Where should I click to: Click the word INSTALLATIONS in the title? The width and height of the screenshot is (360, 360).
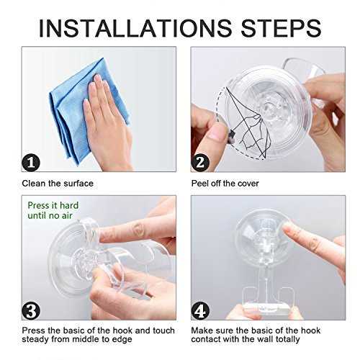click(135, 28)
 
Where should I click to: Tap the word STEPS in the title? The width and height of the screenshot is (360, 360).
click(281, 28)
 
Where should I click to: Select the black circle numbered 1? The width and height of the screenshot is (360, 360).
click(31, 163)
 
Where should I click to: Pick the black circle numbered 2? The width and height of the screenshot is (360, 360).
click(200, 163)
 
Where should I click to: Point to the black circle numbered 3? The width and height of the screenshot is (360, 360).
click(31, 311)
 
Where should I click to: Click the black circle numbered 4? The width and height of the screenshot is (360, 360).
click(200, 311)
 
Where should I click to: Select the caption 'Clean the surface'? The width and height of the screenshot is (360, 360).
click(58, 184)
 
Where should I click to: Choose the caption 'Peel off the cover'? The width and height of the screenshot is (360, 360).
click(225, 184)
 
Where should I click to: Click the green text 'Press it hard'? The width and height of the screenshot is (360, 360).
click(53, 205)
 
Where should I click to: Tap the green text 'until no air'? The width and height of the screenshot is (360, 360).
click(50, 215)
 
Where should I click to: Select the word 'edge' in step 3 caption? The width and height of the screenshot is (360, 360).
click(122, 340)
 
